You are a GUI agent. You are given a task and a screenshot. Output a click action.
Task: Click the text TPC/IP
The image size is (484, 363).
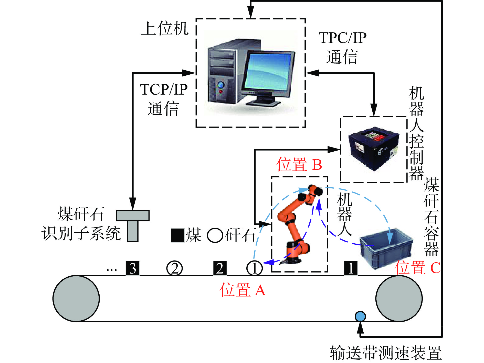point(343,38)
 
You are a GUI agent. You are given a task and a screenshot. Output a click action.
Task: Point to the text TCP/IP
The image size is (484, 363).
point(164,89)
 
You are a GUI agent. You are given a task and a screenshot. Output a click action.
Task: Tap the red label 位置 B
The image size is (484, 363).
point(299,164)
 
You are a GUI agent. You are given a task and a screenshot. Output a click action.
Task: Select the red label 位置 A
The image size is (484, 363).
point(243,290)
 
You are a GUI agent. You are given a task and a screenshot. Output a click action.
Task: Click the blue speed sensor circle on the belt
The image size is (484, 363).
point(360,316)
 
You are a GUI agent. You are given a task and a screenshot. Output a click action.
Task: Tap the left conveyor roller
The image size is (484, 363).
point(76,298)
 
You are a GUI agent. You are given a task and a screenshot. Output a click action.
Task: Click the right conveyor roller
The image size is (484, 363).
point(399,298)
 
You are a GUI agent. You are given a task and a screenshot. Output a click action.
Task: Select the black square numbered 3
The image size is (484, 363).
point(133,268)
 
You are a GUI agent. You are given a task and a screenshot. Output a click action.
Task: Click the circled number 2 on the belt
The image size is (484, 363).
point(175,268)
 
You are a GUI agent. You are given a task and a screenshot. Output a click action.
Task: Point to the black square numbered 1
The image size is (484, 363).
point(351,268)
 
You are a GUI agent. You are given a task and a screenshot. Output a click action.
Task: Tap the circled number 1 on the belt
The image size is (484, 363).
point(255,268)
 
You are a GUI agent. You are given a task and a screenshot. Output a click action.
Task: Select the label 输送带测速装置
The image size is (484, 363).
point(386,353)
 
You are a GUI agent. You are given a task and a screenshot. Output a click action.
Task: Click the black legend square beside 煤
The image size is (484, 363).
point(178,235)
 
